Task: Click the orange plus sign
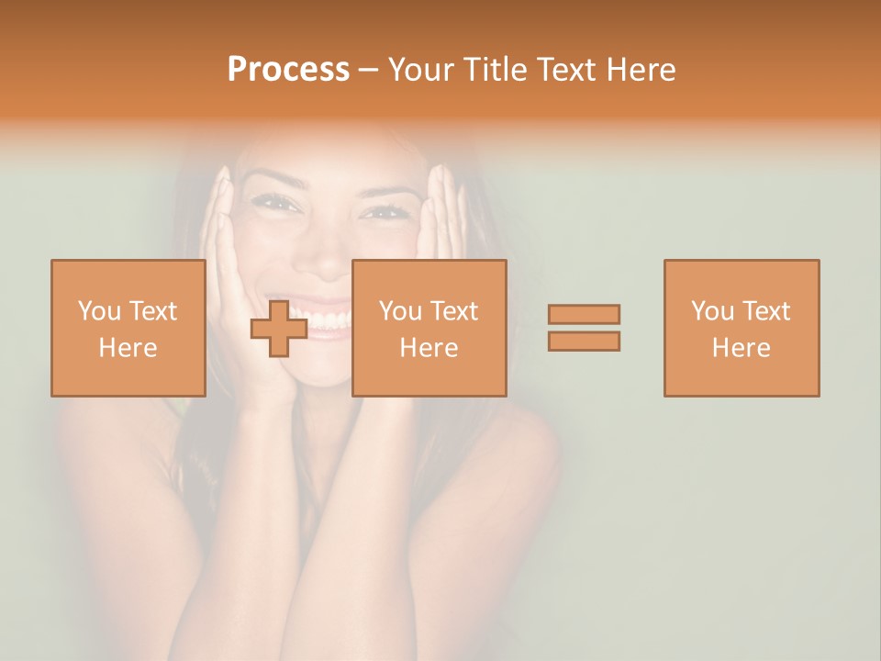(x=279, y=329)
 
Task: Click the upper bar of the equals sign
(x=584, y=314)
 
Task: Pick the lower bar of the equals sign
(x=584, y=341)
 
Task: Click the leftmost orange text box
(x=128, y=328)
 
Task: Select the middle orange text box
(x=429, y=328)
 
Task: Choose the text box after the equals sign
(x=742, y=328)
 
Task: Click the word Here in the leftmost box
(x=128, y=348)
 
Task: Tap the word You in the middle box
(x=400, y=311)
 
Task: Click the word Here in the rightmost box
(x=742, y=348)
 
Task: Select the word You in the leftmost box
(x=99, y=311)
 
